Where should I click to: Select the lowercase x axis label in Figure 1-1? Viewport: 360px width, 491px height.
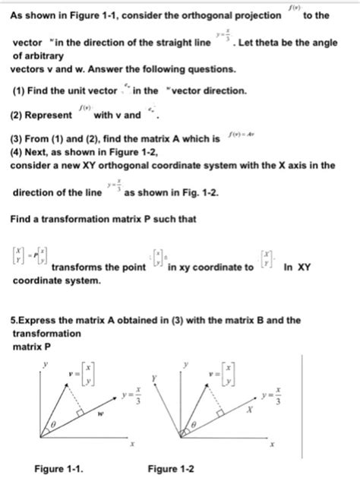click(x=131, y=445)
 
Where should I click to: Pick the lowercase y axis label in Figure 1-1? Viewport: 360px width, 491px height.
click(x=45, y=364)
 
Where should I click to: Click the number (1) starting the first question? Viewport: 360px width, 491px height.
click(x=18, y=90)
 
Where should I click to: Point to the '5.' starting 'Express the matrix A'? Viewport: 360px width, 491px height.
click(x=13, y=320)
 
